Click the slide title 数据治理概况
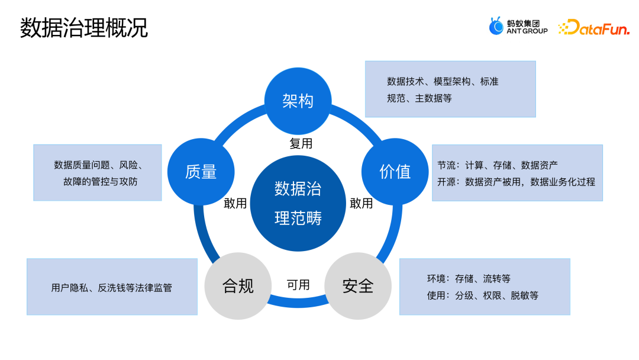coord(83,28)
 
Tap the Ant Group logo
coord(518,27)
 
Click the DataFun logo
coord(593,27)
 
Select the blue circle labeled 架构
coord(298,101)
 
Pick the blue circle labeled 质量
coord(201,172)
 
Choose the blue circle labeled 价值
coord(395,172)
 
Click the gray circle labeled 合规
coord(237,286)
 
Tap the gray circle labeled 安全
coord(358,286)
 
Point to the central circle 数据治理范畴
coord(298,203)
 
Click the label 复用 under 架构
coord(301,143)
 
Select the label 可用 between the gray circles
coord(298,285)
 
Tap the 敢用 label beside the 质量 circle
coord(235,204)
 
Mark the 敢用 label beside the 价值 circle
coord(361,204)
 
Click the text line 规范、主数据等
coord(419,98)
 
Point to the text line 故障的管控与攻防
coord(100,182)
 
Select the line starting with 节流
coord(497,165)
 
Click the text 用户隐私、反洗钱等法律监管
coord(111,288)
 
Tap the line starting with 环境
coord(468,278)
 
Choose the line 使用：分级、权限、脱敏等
coord(482,295)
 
